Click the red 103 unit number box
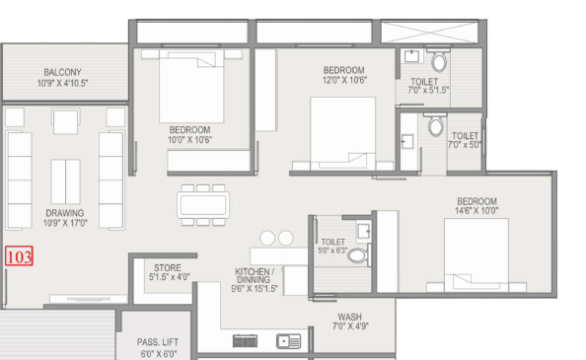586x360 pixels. coord(19,256)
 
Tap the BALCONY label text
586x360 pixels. coord(62,72)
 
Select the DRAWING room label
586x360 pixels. coord(65,213)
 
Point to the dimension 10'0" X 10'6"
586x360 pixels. coord(189,140)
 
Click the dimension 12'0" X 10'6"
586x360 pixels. coord(344,80)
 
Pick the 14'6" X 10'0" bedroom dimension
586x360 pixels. coord(476,211)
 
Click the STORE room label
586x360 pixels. coord(168,267)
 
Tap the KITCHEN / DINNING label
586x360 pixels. coord(255,275)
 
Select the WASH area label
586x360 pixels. coord(349,317)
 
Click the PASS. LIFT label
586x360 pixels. coord(157,342)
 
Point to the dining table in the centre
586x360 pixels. coord(203,204)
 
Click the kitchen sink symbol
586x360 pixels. coord(288,341)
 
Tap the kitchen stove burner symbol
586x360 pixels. coord(245,341)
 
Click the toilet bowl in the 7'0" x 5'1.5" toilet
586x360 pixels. coord(439,61)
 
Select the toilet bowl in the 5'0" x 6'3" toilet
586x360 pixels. coord(358,256)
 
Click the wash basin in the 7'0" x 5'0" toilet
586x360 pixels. coord(407,142)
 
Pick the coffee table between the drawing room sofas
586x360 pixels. coord(65,181)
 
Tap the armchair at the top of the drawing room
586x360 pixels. coord(65,121)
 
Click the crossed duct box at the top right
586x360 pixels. coord(429,33)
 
